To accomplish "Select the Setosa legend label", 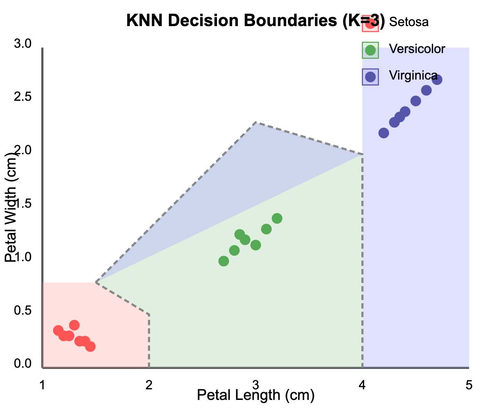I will (409, 22).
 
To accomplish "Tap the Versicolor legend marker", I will (370, 50).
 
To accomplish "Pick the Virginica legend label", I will (413, 76).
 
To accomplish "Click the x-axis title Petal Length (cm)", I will (256, 395).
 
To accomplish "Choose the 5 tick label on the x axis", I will (469, 385).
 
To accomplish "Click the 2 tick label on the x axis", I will (149, 385).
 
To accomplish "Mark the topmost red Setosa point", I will (74, 325).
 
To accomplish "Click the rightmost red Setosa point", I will (90, 346).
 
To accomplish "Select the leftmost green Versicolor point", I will (223, 261).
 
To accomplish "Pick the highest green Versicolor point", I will (277, 218).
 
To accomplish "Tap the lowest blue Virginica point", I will (383, 133).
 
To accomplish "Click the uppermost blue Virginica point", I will (437, 80).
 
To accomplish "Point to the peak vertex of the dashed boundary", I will (256, 122).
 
